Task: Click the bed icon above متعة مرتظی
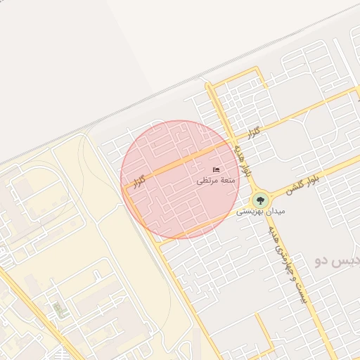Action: [x=216, y=170]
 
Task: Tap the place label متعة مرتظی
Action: [x=219, y=181]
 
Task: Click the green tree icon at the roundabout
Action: [x=260, y=200]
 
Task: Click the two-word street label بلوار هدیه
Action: [x=243, y=159]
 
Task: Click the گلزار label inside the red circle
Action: [x=139, y=181]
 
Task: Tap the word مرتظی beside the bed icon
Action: [x=211, y=181]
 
